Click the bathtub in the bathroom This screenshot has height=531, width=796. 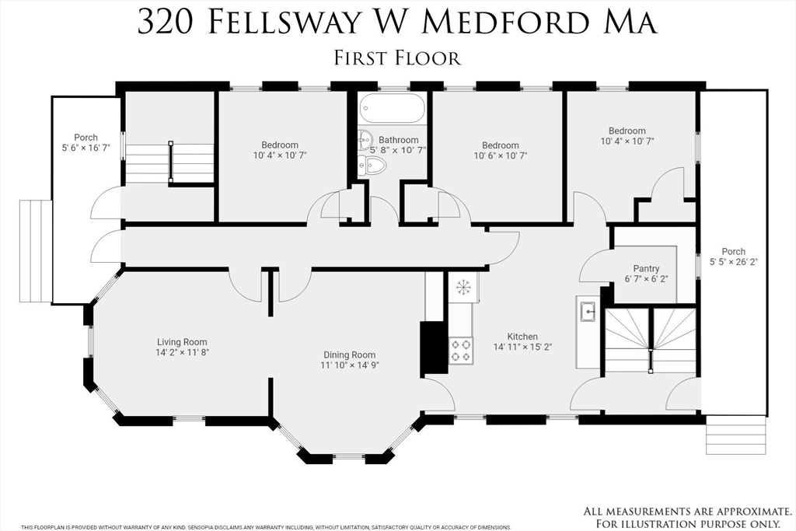(391, 108)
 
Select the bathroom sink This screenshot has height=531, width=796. (365, 140)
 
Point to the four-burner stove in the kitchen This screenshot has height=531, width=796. (461, 351)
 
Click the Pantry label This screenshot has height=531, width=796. (646, 268)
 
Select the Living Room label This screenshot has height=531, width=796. (182, 342)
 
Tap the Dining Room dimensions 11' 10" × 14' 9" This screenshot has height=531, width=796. (350, 365)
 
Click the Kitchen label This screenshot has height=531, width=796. (522, 337)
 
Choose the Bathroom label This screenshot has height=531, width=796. (399, 140)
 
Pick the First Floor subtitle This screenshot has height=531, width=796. (397, 58)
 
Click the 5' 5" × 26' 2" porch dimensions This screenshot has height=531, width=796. (734, 262)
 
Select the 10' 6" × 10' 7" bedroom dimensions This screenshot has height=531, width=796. (501, 155)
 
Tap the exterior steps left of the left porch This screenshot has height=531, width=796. (36, 251)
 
